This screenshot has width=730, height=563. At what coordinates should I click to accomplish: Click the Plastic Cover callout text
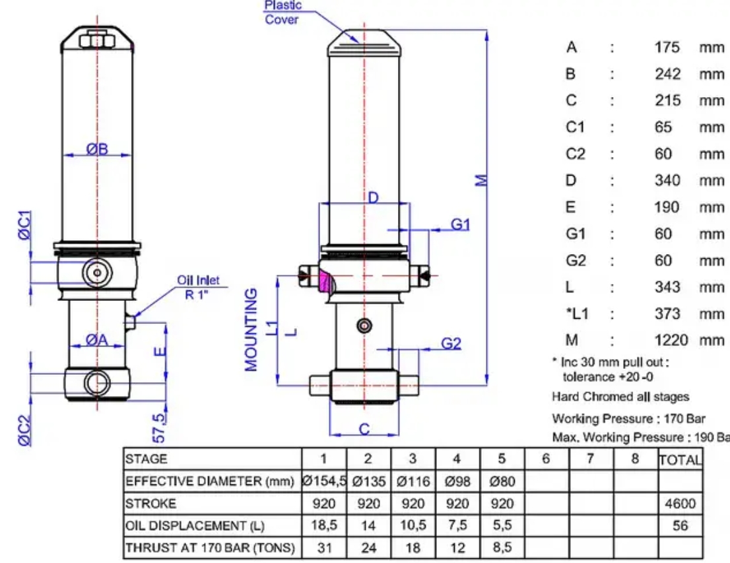[282, 13]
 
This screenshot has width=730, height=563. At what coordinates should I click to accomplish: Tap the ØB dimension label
[97, 149]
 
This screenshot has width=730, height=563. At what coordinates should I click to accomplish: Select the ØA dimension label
[97, 341]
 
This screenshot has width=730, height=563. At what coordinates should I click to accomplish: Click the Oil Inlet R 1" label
[198, 287]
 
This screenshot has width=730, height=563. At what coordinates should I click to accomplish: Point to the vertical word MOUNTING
[251, 330]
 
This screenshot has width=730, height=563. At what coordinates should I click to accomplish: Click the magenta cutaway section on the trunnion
[327, 281]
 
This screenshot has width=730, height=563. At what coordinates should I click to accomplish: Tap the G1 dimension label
[460, 224]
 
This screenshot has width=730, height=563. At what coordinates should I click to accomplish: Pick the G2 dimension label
[451, 344]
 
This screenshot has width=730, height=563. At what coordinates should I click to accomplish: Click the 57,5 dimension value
[159, 428]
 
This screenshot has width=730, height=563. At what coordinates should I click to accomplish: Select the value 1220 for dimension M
[671, 341]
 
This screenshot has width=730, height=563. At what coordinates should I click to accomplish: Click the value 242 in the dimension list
[667, 74]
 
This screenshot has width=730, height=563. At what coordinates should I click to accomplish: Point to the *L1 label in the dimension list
[578, 314]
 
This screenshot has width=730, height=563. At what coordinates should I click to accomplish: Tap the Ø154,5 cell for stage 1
[324, 481]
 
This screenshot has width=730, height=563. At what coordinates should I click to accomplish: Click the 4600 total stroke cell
[680, 504]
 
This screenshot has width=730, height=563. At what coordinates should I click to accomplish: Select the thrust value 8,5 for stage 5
[502, 547]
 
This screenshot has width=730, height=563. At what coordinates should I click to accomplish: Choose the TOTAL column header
[680, 459]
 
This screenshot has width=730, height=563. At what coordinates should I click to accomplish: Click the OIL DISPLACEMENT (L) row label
[195, 526]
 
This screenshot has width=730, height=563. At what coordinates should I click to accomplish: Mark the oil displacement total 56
[680, 526]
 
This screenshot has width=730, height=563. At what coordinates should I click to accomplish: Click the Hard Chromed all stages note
[620, 397]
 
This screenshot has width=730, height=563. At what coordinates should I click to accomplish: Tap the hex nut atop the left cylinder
[97, 40]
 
